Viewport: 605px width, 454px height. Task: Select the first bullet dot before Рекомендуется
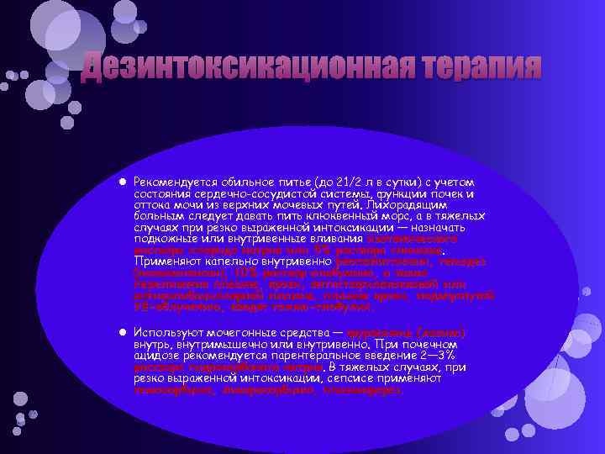point(123,182)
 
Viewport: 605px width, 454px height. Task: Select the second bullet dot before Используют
point(123,334)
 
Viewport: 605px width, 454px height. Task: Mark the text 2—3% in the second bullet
point(450,356)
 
